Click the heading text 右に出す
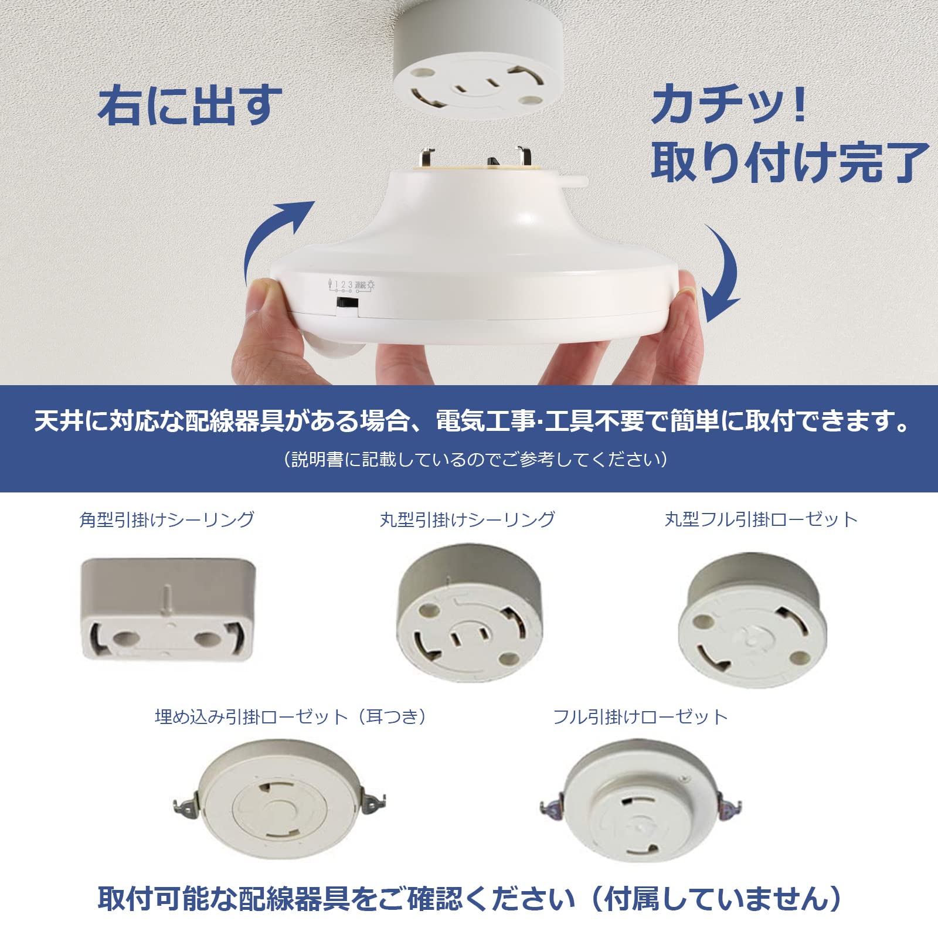coord(189,106)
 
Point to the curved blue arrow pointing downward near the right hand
coord(724,276)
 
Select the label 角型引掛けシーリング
coord(167,519)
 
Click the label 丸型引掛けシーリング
coord(467,519)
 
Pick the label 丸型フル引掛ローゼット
coord(761,519)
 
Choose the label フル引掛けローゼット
coord(641,716)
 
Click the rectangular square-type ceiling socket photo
coord(168,610)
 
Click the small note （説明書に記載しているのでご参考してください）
coord(475,459)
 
